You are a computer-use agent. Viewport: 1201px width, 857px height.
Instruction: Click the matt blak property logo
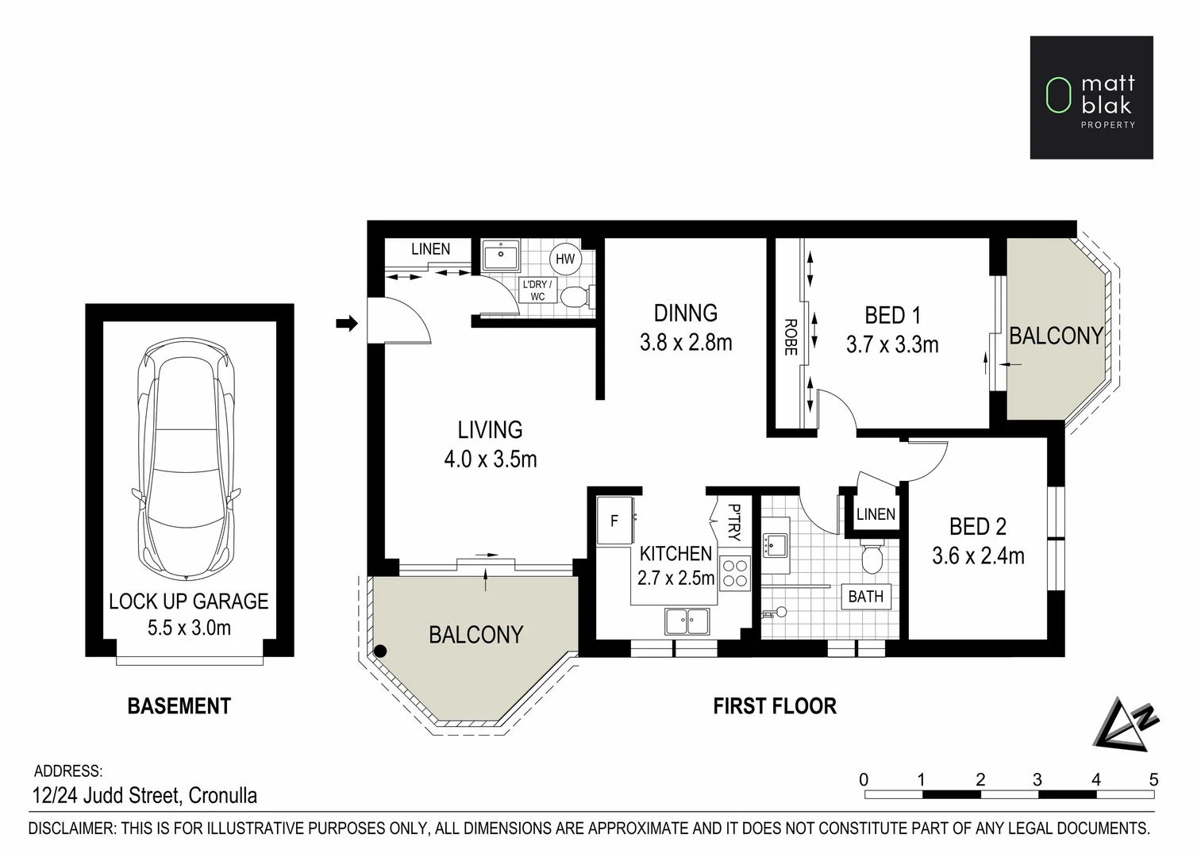click(x=1091, y=97)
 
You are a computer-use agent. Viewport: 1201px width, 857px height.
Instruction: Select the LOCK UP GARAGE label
click(x=189, y=601)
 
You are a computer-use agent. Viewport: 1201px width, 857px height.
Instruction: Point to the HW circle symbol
click(x=564, y=259)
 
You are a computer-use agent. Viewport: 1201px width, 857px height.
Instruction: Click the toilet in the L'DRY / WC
click(x=574, y=297)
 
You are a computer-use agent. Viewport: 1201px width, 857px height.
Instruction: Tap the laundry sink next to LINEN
click(x=500, y=256)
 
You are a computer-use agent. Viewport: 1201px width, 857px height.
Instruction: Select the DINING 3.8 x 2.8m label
click(x=686, y=327)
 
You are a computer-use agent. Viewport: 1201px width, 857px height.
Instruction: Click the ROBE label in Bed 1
click(x=791, y=336)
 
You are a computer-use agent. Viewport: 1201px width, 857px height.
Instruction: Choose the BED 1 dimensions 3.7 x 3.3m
click(x=892, y=344)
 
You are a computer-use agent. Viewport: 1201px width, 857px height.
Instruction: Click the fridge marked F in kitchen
click(x=614, y=521)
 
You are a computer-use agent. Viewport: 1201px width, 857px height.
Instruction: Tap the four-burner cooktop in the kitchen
click(x=735, y=573)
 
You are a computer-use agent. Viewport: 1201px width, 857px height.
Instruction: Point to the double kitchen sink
click(x=687, y=621)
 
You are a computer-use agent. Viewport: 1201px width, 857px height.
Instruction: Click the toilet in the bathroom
click(x=872, y=558)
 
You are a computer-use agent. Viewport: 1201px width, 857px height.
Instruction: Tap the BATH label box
click(x=865, y=597)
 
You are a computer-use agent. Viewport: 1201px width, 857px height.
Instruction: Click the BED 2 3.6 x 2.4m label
click(x=978, y=541)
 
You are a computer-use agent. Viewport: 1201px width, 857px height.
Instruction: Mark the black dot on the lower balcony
click(x=380, y=651)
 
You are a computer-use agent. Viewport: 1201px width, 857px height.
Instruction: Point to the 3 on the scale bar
click(x=1037, y=779)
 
